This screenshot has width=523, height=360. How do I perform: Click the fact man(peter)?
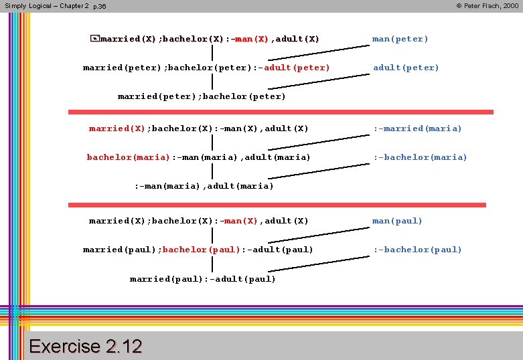click(400, 39)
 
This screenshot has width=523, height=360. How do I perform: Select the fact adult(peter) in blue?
click(406, 68)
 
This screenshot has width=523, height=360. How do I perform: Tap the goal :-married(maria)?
click(417, 128)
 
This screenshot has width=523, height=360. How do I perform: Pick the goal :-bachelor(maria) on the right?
click(420, 157)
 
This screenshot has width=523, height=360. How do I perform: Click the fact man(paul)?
click(397, 221)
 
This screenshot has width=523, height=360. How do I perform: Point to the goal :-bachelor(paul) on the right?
click(417, 250)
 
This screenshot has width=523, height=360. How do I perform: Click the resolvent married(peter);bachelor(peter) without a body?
click(202, 96)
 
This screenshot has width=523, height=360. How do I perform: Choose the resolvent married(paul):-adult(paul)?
click(202, 279)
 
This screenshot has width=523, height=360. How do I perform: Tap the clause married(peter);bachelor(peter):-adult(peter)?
click(206, 68)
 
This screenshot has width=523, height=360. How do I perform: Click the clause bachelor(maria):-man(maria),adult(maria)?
click(198, 157)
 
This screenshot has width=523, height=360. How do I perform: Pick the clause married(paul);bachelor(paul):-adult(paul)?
click(198, 250)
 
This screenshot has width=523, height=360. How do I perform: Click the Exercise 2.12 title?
click(86, 346)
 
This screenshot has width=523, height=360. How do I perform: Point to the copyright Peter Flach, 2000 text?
click(487, 5)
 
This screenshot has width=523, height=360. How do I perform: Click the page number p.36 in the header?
click(99, 6)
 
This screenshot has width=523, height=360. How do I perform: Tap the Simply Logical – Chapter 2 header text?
click(46, 5)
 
